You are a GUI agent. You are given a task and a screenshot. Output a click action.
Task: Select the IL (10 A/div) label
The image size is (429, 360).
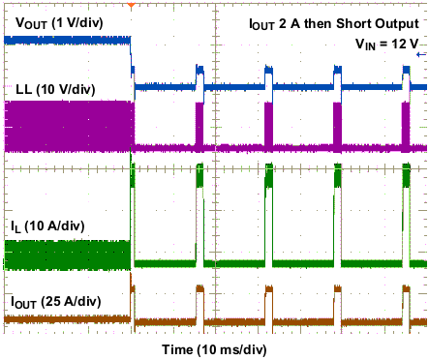47,225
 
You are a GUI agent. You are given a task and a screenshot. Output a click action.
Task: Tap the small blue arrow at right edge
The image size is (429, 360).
419,55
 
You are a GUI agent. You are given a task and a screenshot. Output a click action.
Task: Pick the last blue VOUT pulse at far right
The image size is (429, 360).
405,72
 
